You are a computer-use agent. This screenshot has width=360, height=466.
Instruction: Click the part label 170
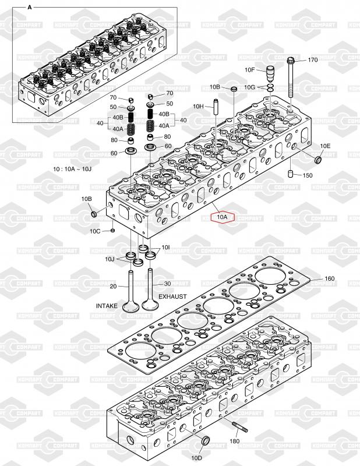point(312,60)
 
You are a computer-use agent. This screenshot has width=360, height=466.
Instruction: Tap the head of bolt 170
point(291,60)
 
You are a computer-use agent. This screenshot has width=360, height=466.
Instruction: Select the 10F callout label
point(250,70)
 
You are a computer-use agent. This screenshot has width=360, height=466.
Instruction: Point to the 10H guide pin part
point(216,108)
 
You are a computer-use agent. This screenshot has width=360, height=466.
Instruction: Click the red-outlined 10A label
point(223,217)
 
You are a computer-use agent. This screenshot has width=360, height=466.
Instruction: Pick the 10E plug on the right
point(318,160)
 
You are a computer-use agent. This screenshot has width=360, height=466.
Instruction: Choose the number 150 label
point(308,175)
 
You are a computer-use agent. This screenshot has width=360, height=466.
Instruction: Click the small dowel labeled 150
point(291,174)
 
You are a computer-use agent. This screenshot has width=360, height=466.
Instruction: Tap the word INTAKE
point(107,306)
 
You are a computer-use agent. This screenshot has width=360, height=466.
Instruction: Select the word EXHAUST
point(172,296)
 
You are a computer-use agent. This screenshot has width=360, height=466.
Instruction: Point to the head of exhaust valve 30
point(150,305)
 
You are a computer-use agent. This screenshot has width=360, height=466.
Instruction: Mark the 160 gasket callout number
point(329,279)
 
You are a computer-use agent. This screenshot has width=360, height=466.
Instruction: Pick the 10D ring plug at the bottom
point(206,440)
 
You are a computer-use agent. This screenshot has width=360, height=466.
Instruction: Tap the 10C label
point(95,231)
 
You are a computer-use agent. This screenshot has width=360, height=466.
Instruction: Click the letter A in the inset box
point(30,8)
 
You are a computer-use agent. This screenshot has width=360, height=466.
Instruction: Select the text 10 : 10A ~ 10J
point(72,169)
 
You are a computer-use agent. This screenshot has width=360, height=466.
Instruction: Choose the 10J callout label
point(110,259)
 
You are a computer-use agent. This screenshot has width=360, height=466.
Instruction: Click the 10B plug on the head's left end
point(94,213)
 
